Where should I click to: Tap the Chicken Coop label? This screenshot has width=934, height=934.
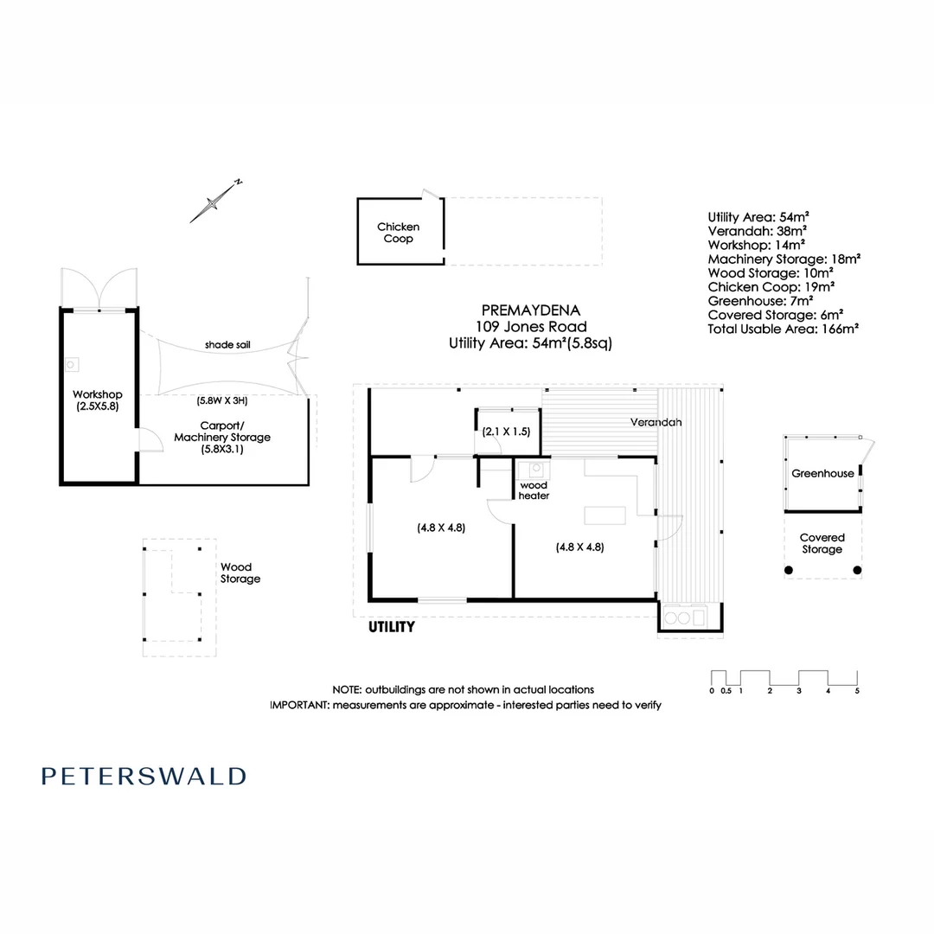pyautogui.click(x=398, y=233)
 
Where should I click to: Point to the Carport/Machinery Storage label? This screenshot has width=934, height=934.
pyautogui.click(x=222, y=437)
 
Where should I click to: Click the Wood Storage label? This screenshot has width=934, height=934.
pyautogui.click(x=240, y=573)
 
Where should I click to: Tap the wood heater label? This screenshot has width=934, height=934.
pyautogui.click(x=534, y=490)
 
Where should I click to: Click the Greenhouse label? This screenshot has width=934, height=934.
pyautogui.click(x=822, y=473)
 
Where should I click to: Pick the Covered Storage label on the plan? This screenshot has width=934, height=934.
pyautogui.click(x=822, y=543)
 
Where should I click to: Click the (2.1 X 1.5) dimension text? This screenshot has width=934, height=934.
pyautogui.click(x=506, y=431)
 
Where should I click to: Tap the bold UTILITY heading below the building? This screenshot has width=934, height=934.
pyautogui.click(x=393, y=627)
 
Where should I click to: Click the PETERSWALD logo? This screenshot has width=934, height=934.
pyautogui.click(x=144, y=776)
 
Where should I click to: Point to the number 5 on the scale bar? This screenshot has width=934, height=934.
pyautogui.click(x=857, y=690)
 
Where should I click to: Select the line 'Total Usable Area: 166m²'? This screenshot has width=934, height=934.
pyautogui.click(x=783, y=329)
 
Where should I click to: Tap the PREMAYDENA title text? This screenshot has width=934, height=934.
pyautogui.click(x=531, y=310)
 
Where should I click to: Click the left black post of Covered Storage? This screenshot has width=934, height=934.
pyautogui.click(x=788, y=570)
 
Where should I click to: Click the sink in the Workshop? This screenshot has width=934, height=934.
pyautogui.click(x=71, y=365)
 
